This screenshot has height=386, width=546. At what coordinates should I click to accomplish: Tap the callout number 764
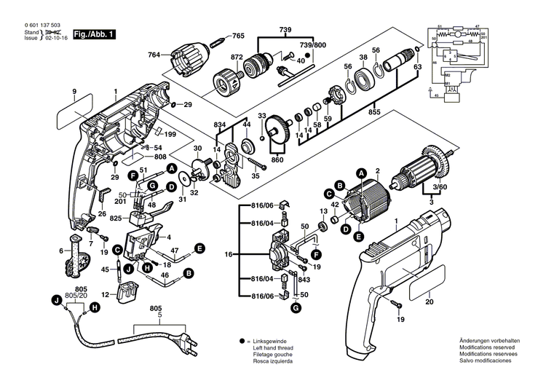pyautogui.click(x=154, y=54)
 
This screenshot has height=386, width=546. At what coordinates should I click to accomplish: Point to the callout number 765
pyautogui.click(x=238, y=36)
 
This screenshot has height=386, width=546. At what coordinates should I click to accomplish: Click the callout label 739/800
pyautogui.click(x=314, y=45)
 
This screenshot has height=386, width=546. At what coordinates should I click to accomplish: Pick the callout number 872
pyautogui.click(x=237, y=56)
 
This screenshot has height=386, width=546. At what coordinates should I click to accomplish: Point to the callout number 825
pyautogui.click(x=114, y=218)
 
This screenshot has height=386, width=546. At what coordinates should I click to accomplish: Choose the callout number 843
pyautogui.click(x=304, y=280)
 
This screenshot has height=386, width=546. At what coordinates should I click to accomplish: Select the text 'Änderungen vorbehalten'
pyautogui.click(x=489, y=341)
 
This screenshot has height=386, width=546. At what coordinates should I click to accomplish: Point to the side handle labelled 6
pyautogui.click(x=74, y=257)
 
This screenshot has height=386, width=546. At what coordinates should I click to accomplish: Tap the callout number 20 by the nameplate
pyautogui.click(x=429, y=301)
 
